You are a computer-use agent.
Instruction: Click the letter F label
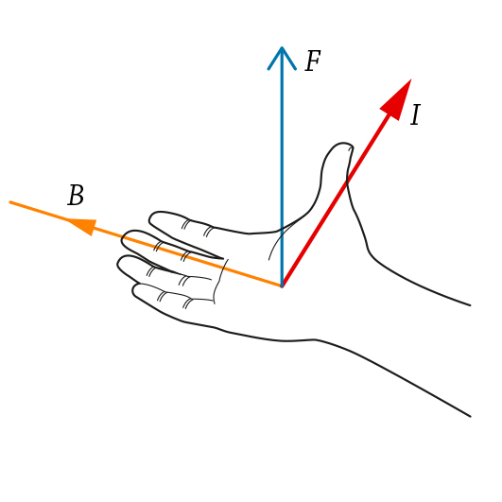click(313, 61)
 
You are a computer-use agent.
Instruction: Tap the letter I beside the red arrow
click(415, 114)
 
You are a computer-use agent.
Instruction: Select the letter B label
click(76, 195)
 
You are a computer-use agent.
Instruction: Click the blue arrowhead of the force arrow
click(282, 58)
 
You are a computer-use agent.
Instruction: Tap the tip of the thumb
click(343, 143)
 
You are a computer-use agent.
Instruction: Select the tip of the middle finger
click(122, 239)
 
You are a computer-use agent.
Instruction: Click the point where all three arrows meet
click(282, 286)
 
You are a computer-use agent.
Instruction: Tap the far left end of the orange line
click(10, 202)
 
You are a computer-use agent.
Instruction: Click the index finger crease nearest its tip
click(185, 224)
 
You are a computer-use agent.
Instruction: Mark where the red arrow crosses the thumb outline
click(347, 182)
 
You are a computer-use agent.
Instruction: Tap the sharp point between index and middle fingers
click(222, 258)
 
